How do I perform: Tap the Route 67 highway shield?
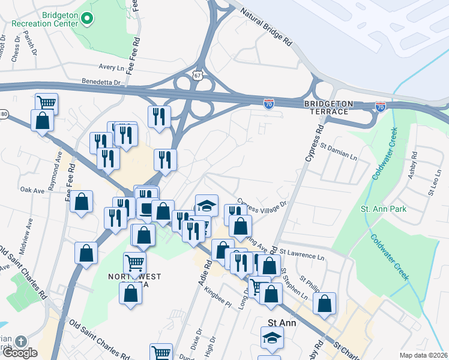click(198, 75)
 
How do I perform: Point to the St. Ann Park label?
click(384, 209)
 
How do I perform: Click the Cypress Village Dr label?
click(262, 205)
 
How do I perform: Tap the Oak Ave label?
click(32, 190)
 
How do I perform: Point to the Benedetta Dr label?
click(101, 81)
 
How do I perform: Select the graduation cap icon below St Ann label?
click(272, 339)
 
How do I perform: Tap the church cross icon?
click(20, 341)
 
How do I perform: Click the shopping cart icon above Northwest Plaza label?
click(134, 263)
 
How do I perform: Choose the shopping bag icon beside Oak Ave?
click(81, 202)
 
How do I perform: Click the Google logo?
click(20, 353)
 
